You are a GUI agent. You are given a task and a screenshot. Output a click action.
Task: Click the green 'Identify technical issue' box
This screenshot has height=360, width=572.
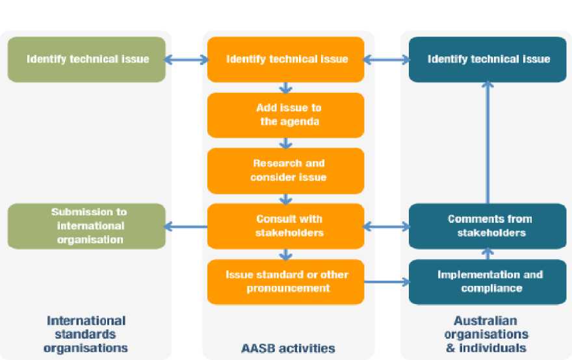tap(86, 59)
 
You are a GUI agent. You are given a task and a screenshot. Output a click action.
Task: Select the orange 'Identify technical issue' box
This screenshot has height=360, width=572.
tap(285, 59)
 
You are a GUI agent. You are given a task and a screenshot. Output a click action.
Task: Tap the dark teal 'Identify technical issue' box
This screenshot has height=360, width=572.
tap(487, 59)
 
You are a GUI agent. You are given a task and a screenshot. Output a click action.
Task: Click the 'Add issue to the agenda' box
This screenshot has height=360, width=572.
tap(285, 115)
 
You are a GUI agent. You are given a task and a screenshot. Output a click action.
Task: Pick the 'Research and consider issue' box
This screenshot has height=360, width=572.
tap(285, 171)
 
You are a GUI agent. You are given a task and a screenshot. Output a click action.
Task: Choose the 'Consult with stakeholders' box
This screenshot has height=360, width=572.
tap(285, 226)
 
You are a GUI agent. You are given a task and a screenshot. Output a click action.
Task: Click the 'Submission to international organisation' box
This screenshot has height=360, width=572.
tap(86, 226)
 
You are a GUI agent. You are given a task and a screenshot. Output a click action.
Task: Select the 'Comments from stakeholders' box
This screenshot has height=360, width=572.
tap(487, 226)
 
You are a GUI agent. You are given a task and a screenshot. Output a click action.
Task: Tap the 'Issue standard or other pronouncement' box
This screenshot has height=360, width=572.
tap(285, 282)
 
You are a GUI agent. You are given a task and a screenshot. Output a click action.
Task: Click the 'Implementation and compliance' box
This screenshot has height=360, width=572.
tap(487, 282)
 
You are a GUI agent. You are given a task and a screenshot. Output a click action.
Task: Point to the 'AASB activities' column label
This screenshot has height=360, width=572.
tap(288, 348)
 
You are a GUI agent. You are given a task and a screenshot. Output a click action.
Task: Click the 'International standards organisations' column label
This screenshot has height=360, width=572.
tap(86, 335)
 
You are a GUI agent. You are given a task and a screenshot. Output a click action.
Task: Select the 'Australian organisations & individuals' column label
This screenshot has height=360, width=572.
tap(486, 335)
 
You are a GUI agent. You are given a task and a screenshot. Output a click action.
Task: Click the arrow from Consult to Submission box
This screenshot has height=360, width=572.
tap(186, 227)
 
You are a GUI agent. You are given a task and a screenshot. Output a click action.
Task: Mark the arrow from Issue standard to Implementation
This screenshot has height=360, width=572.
tap(387, 282)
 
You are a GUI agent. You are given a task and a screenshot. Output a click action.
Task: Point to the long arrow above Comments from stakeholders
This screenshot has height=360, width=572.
tap(487, 142)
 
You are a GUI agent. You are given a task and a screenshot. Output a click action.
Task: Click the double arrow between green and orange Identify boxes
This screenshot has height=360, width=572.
tap(186, 59)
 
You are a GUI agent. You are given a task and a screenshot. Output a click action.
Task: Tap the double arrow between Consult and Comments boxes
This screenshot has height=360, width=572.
tap(387, 227)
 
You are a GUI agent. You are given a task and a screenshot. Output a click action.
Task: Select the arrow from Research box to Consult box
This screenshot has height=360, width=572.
tap(285, 199)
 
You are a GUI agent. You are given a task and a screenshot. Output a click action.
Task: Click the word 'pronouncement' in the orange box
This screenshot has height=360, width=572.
tap(288, 288)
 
